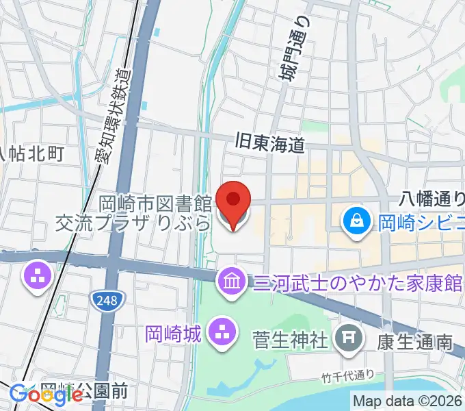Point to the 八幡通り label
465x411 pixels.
pyautogui.click(x=431, y=199)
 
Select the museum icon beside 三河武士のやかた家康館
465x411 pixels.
pyautogui.click(x=230, y=280)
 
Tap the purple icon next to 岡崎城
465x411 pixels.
pyautogui.click(x=221, y=334)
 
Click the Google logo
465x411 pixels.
pyautogui.click(x=37, y=394)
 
